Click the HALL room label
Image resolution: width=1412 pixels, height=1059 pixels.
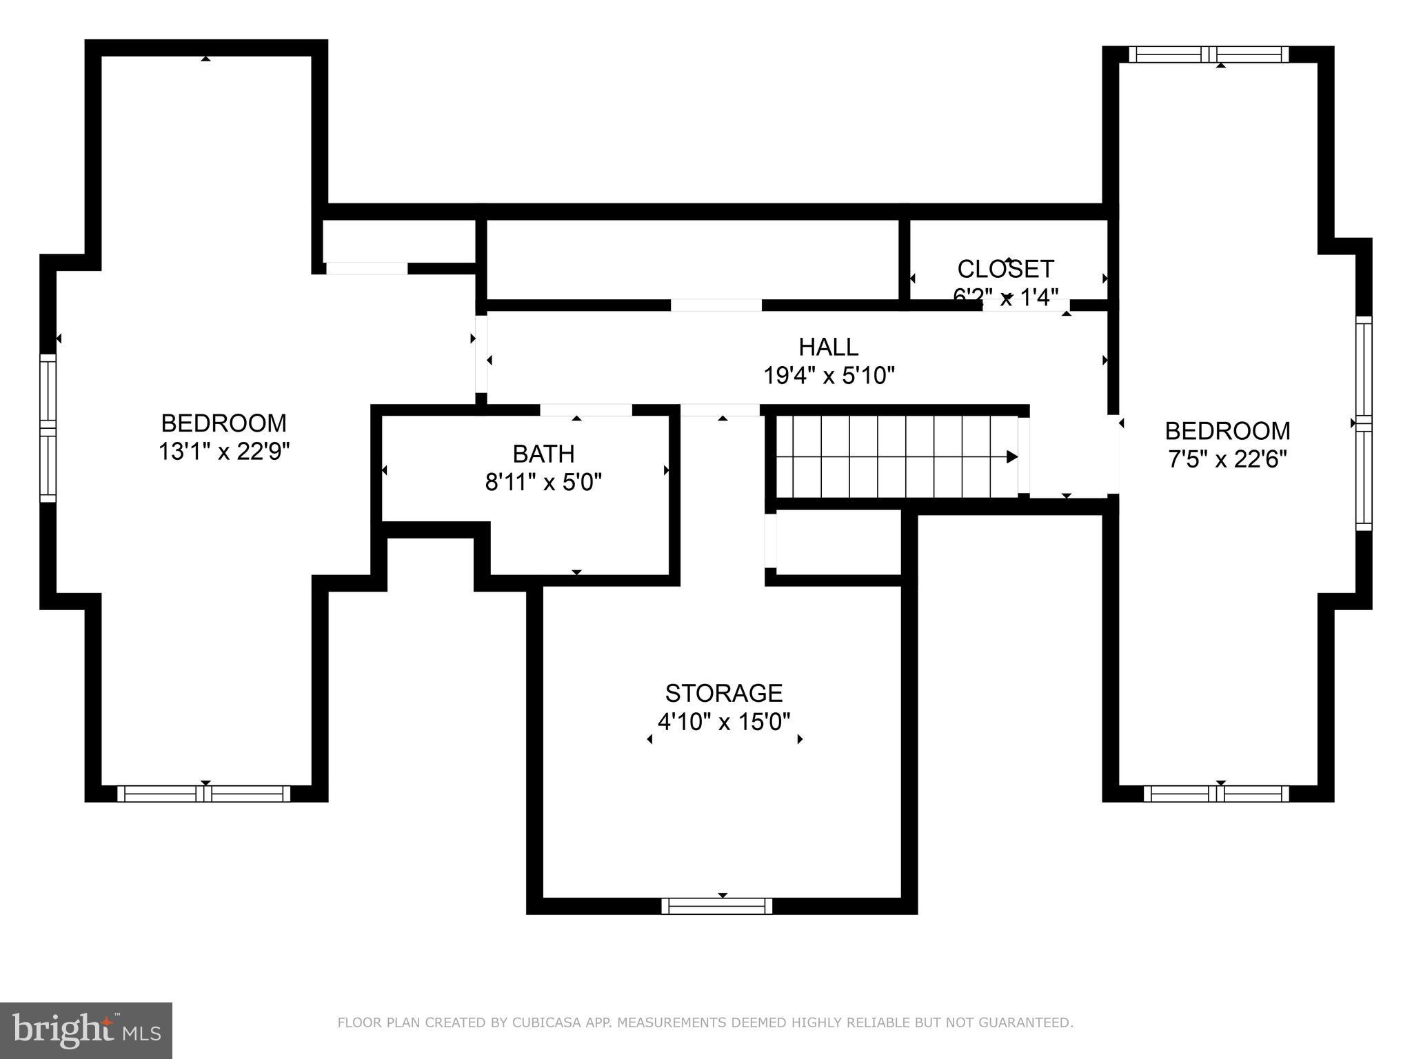[x=828, y=346]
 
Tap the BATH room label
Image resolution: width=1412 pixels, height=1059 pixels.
[x=543, y=454]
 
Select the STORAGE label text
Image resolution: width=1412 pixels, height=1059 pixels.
[x=723, y=693]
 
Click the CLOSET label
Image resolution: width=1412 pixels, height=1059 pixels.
[x=1005, y=268]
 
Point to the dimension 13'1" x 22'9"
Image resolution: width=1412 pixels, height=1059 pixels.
[x=223, y=452]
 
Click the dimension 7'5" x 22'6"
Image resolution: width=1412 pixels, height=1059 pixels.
[x=1227, y=458]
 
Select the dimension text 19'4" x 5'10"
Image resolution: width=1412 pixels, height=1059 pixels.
[x=828, y=376]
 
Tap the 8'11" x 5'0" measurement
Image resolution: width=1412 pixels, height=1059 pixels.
[x=543, y=482]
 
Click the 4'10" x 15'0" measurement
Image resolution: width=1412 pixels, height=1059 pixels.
[x=723, y=722]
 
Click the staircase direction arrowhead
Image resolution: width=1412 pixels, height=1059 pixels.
[x=1011, y=456]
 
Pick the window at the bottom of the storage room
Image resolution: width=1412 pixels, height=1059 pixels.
[x=716, y=906]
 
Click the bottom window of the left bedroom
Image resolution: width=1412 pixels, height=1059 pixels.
[x=204, y=794]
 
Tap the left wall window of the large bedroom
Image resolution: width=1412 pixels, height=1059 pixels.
[x=48, y=427]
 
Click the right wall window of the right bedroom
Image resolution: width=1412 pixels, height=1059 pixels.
[x=1364, y=423]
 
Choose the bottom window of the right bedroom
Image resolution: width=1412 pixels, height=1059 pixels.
[x=1216, y=794]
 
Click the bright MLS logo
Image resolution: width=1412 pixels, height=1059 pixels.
[x=85, y=1030]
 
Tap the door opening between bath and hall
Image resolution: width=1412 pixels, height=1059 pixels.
[x=585, y=410]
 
